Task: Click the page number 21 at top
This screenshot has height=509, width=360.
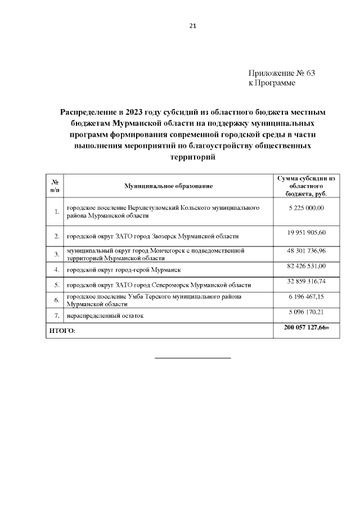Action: click(x=193, y=26)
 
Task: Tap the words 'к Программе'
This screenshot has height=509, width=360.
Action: click(x=272, y=83)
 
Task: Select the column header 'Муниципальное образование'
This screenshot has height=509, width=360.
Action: click(x=169, y=186)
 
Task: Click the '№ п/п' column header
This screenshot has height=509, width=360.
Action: click(x=56, y=186)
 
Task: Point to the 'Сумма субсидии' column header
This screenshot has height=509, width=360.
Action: click(x=306, y=186)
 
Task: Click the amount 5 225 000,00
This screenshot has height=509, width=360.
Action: click(x=306, y=208)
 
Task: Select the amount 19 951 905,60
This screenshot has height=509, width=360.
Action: click(x=306, y=232)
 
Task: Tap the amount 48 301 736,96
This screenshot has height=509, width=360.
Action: click(x=306, y=250)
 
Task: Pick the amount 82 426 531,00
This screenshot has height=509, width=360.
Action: click(x=306, y=265)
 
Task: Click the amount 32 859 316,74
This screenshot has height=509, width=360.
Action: click(x=306, y=281)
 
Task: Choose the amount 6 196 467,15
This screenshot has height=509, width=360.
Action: click(x=306, y=296)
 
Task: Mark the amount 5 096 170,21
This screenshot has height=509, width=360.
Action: click(x=306, y=311)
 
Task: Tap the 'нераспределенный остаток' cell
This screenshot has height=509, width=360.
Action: click(x=105, y=316)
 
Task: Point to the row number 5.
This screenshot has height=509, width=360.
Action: click(x=57, y=285)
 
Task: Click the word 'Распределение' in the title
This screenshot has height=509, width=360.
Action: click(x=90, y=112)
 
